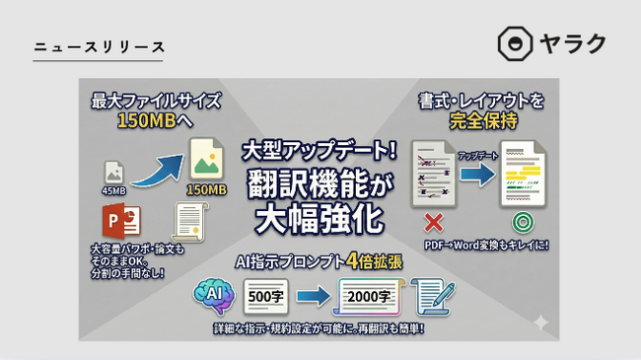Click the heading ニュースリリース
(x=99, y=47)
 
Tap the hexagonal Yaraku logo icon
(x=515, y=44)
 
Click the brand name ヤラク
(x=572, y=44)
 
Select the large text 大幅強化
(x=320, y=219)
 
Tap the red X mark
(x=432, y=220)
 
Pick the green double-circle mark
(x=522, y=220)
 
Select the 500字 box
(x=264, y=295)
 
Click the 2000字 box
(x=369, y=295)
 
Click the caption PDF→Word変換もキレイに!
(x=486, y=244)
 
